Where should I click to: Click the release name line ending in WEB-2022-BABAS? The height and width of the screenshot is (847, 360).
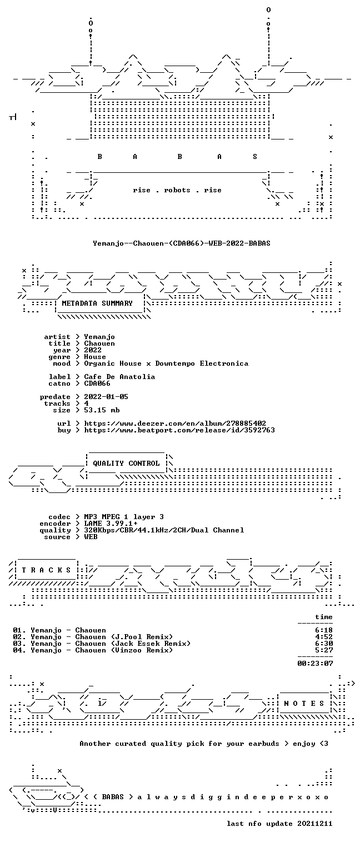182,243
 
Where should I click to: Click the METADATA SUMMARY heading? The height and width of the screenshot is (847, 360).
97,303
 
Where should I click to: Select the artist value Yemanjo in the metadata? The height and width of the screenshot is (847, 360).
99,337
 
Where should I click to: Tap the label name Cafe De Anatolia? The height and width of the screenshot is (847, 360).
119,377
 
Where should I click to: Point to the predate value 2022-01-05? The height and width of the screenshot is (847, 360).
106,397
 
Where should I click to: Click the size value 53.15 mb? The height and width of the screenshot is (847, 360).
102,410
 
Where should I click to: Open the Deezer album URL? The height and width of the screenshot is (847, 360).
174,423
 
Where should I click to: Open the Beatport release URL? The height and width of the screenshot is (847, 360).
179,430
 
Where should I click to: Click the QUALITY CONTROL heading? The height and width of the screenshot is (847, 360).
126,464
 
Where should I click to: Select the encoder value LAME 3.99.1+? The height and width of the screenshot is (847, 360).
111,524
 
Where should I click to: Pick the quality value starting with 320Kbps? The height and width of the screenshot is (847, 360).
164,530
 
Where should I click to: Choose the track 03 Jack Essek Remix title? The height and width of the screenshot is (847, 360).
111,644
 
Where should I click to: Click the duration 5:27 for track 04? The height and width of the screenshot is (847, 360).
324,650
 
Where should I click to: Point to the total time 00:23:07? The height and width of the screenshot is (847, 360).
315,664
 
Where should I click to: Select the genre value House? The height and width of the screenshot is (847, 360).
95,357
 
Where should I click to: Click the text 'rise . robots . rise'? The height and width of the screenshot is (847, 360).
177,190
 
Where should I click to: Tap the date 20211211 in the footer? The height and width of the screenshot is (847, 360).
315,824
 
